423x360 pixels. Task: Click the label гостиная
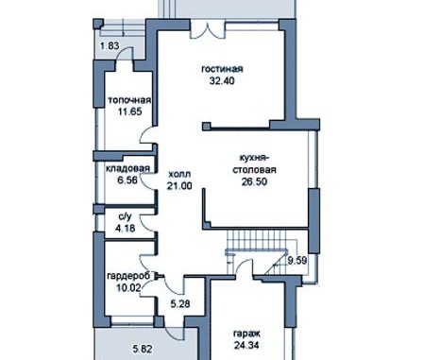(222, 69)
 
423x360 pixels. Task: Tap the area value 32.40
(222, 81)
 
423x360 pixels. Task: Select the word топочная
(129, 100)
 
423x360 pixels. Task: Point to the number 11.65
(129, 111)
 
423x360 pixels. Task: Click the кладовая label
(127, 169)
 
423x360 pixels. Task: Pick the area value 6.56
(127, 180)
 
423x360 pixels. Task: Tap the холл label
(179, 175)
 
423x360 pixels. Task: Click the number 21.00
(179, 186)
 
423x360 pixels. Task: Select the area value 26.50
(254, 181)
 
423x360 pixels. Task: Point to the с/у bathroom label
(125, 216)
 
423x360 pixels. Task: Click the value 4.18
(125, 228)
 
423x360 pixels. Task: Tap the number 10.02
(128, 287)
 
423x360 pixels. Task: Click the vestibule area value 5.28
(180, 304)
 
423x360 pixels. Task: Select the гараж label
(246, 334)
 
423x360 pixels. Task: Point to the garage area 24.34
(246, 346)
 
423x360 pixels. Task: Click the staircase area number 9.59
(297, 261)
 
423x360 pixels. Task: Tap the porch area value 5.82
(143, 349)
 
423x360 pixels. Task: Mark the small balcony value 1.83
(110, 46)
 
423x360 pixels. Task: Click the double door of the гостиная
(208, 29)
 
